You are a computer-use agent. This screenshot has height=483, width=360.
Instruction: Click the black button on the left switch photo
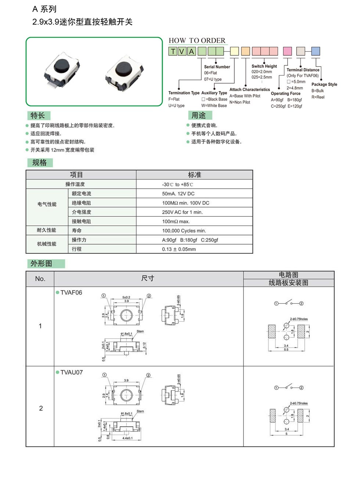tap(62, 66)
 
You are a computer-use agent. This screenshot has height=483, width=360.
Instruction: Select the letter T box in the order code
tap(173, 51)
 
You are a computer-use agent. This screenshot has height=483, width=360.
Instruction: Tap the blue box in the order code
tap(316, 51)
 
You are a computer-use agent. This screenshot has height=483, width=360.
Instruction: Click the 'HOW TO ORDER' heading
tap(197, 40)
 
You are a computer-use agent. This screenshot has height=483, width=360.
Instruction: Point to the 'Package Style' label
tap(324, 84)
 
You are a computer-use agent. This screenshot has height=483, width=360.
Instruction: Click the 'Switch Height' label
tap(264, 66)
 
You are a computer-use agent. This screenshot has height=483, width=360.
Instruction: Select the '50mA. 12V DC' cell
tap(178, 194)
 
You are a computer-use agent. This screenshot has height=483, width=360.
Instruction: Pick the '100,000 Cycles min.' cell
tap(184, 231)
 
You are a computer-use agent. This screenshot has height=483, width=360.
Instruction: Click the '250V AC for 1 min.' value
tap(182, 212)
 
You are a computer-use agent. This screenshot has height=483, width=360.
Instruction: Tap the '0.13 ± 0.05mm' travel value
tap(179, 249)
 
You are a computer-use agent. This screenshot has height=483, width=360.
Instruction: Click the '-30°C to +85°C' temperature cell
tap(177, 184)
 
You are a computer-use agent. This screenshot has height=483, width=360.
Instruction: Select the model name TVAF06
tap(71, 293)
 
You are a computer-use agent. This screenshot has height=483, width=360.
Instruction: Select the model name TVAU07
tap(72, 372)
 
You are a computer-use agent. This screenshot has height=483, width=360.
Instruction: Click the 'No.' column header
tap(40, 279)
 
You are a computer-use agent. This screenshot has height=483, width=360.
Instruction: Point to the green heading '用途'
tap(198, 115)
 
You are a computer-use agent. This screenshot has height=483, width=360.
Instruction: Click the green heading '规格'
tap(39, 163)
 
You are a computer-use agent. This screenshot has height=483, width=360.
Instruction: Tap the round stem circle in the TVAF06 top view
tap(126, 315)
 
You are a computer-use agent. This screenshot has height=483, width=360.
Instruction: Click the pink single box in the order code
tap(287, 51)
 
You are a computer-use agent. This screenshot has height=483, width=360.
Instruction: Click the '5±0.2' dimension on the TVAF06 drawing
tap(126, 297)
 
